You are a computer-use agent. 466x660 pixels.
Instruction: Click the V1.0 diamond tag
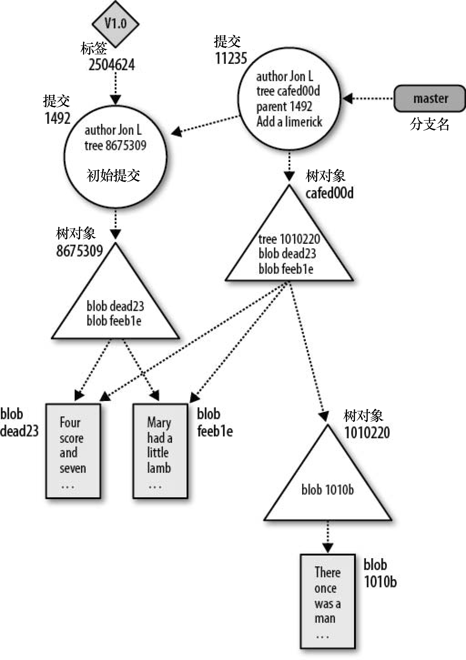pyautogui.click(x=115, y=24)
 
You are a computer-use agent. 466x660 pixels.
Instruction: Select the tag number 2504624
pyautogui.click(x=111, y=65)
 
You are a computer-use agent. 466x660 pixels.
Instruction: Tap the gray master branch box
pyautogui.click(x=430, y=98)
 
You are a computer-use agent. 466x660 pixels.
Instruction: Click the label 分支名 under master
pyautogui.click(x=429, y=124)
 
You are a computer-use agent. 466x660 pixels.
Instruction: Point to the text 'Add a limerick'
pyautogui.click(x=289, y=122)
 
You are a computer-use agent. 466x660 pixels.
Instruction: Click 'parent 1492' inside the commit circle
pyautogui.click(x=284, y=107)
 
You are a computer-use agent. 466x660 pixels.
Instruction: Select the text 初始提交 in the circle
pyautogui.click(x=113, y=175)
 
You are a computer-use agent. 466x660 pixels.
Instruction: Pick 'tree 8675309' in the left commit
pyautogui.click(x=115, y=145)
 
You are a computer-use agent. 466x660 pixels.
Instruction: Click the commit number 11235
pyautogui.click(x=231, y=58)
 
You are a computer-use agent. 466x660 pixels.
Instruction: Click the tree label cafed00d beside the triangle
pyautogui.click(x=329, y=193)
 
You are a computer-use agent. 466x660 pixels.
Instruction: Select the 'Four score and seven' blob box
pyautogui.click(x=73, y=451)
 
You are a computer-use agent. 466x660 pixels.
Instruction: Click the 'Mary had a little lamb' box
pyautogui.click(x=160, y=451)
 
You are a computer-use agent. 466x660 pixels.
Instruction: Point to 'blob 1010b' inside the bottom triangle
pyautogui.click(x=328, y=490)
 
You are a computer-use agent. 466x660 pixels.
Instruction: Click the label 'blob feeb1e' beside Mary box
pyautogui.click(x=214, y=423)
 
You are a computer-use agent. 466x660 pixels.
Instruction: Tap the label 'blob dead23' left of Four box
pyautogui.click(x=19, y=423)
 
